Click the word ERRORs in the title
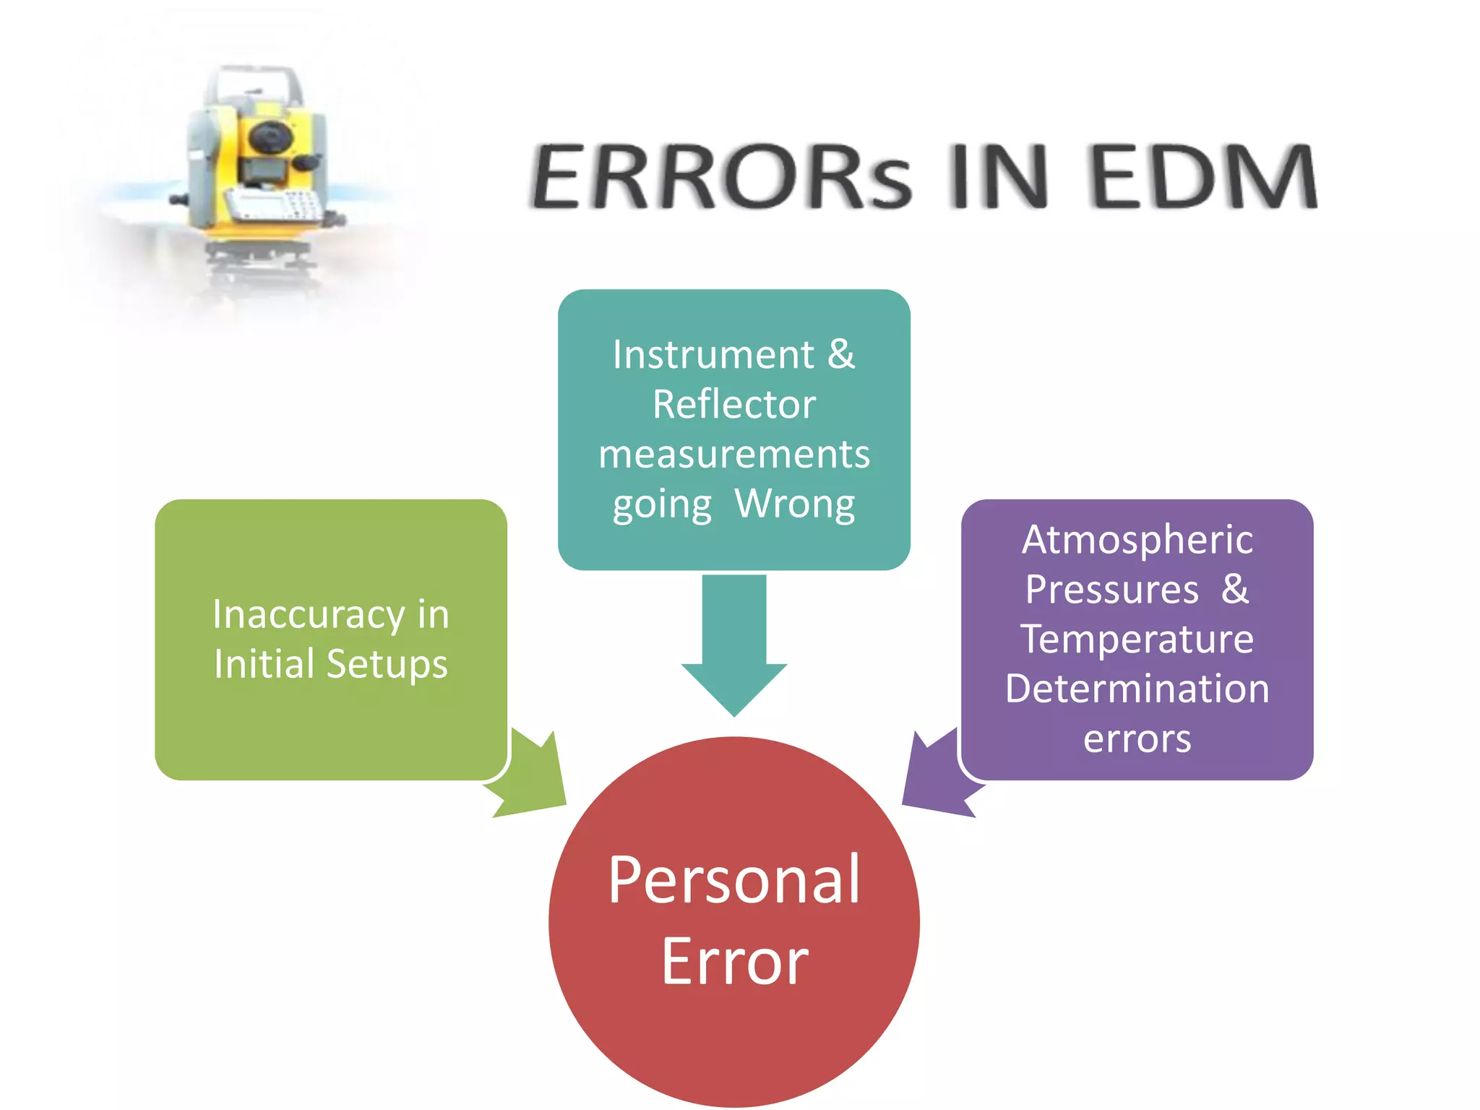pyautogui.click(x=721, y=177)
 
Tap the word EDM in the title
pyautogui.click(x=1203, y=177)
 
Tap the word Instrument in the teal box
pyautogui.click(x=713, y=355)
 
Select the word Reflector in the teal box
pyautogui.click(x=733, y=404)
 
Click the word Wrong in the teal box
pyautogui.click(x=794, y=504)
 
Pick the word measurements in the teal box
pyautogui.click(x=733, y=455)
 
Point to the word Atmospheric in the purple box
pyautogui.click(x=1137, y=540)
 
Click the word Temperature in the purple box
pyautogui.click(x=1137, y=640)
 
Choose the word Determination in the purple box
pyautogui.click(x=1137, y=689)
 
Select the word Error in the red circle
pyautogui.click(x=733, y=962)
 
